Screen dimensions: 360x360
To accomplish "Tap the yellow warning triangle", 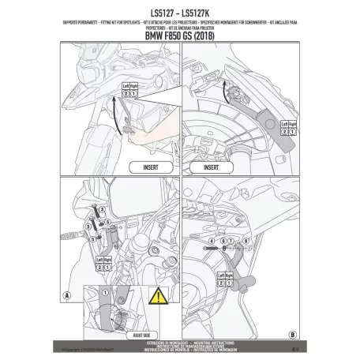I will pos(159,298).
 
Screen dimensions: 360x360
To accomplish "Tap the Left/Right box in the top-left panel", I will pos(129,90).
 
